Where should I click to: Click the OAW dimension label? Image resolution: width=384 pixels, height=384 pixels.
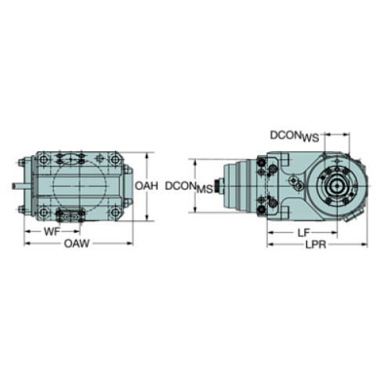75,245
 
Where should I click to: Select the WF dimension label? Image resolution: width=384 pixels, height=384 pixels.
49,231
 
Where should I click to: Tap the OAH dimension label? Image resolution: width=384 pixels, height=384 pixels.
146,187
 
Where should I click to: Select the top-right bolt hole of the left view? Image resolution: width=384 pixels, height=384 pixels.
116,164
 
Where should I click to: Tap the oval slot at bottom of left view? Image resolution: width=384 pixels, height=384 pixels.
70,216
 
